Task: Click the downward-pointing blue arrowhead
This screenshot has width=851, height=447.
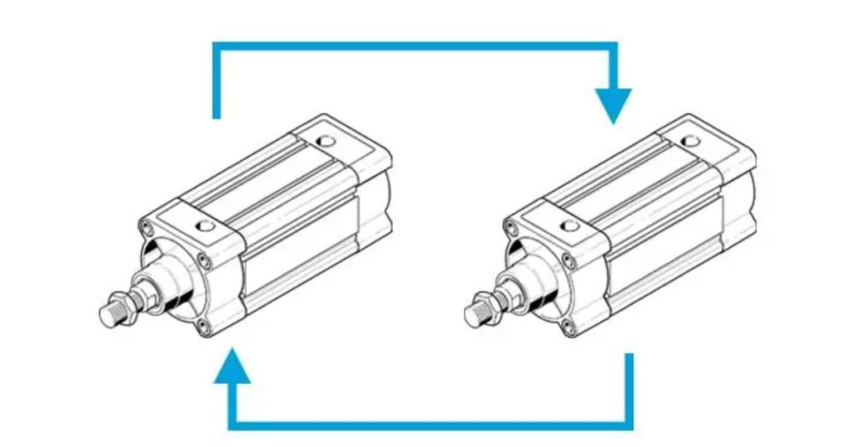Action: (x=613, y=105)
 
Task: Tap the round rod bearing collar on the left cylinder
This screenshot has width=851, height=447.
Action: (x=166, y=278)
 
